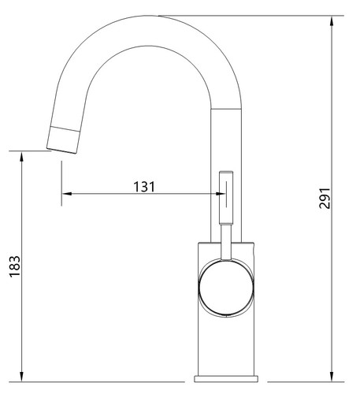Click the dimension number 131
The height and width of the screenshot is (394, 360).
pos(144,187)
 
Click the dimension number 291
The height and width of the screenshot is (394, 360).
pos(325,198)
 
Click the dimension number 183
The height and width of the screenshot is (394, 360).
pos(15,266)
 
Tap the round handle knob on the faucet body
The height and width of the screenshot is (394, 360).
pos(226,287)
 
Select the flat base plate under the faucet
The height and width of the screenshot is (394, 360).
pos(226,379)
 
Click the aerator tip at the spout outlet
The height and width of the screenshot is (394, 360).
pos(63,139)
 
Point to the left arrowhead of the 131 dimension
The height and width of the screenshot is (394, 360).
pos(67,194)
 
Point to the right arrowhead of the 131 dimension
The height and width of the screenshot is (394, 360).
pos(220,194)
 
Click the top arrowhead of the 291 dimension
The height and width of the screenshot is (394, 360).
pos(332,21)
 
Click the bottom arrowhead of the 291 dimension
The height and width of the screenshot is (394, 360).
pos(332,377)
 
